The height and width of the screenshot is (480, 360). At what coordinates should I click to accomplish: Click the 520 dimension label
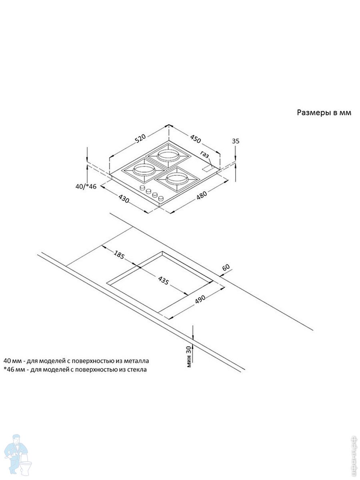pyautogui.click(x=140, y=139)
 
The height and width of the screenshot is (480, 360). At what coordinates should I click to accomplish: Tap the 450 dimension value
pyautogui.click(x=195, y=139)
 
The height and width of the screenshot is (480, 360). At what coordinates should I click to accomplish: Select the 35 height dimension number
pyautogui.click(x=236, y=141)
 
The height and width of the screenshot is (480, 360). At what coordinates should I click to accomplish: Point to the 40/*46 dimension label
pyautogui.click(x=86, y=187)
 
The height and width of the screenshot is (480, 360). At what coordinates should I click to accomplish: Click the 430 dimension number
pyautogui.click(x=124, y=198)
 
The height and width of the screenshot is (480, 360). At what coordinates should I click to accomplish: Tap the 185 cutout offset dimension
pyautogui.click(x=119, y=255)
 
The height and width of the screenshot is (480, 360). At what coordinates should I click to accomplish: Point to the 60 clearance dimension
pyautogui.click(x=227, y=268)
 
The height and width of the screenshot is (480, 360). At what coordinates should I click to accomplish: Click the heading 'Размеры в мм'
pyautogui.click(x=324, y=113)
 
